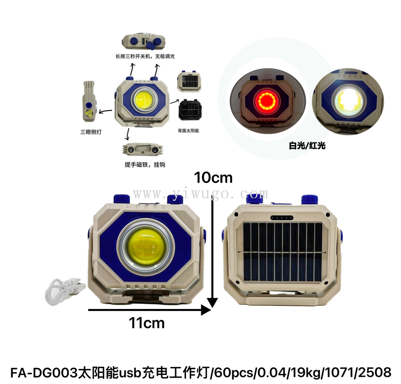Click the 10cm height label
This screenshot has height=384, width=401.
point(213,178)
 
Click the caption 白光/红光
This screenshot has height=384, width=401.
point(307,146)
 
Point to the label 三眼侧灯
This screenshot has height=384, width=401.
point(91,132)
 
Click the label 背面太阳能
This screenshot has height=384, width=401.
point(188,131)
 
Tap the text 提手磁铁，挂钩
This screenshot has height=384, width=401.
point(145,165)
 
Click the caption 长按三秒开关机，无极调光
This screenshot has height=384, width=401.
point(145,56)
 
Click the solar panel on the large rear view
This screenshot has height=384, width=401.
point(282,252)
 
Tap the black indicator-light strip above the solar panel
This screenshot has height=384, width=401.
point(282,217)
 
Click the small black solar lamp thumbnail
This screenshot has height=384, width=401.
point(190,109)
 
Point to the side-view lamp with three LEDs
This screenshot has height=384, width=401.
point(89,101)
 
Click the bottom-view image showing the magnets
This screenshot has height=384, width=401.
point(143,149)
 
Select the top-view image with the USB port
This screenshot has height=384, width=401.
point(143,42)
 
